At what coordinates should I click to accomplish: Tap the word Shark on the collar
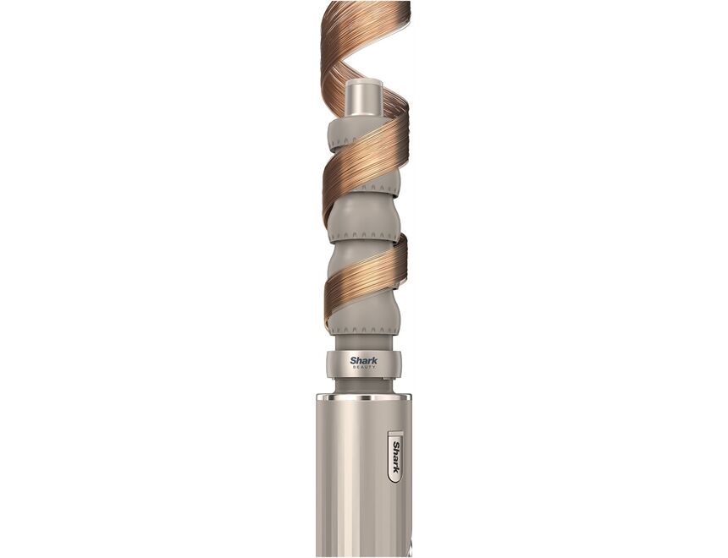click(x=364, y=360)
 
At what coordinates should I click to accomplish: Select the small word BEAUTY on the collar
click(x=364, y=368)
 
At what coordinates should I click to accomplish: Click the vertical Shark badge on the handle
click(x=394, y=457)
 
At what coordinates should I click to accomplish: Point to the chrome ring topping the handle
click(x=364, y=397)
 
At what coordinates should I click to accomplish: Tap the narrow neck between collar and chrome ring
click(x=364, y=386)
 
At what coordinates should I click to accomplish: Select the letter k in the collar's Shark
click(x=375, y=360)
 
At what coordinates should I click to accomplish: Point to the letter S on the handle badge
click(x=394, y=443)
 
